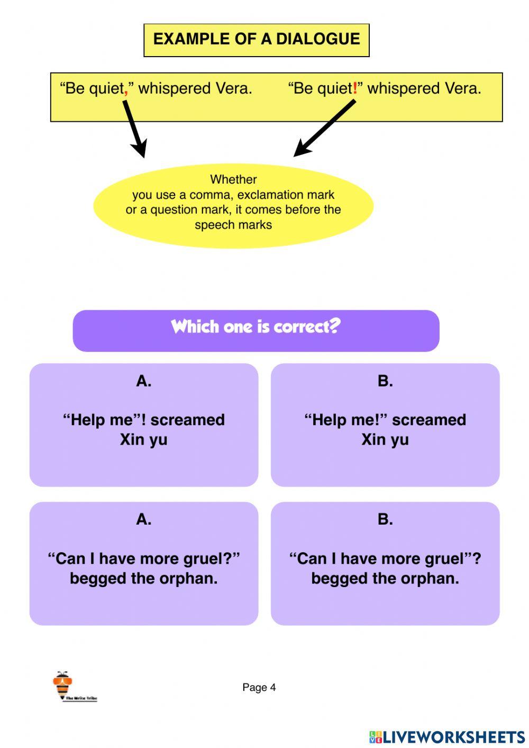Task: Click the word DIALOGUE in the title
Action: pos(318,39)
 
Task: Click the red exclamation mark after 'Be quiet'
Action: pos(355,88)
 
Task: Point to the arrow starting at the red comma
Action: pos(135,129)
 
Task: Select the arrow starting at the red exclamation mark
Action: pos(324,128)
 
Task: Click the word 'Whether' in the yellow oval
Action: pos(233,179)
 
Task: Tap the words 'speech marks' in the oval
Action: pos(233,225)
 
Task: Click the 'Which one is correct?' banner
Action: pos(256,330)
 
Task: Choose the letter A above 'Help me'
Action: pos(144,381)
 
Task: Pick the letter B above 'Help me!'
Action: pos(385,381)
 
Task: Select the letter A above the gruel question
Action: pos(144,519)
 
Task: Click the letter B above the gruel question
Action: pos(385,519)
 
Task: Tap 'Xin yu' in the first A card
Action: pos(144,440)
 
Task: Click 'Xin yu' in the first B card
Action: pos(385,440)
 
